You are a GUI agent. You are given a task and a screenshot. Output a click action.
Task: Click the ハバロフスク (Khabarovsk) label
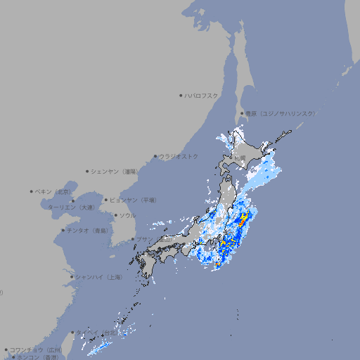pyautogui.click(x=201, y=95)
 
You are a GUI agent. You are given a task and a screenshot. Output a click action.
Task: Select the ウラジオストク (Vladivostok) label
pyautogui.click(x=179, y=156)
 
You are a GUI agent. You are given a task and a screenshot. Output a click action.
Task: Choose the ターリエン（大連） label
pyautogui.click(x=71, y=207)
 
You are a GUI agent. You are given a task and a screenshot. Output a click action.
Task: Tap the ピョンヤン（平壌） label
pyautogui.click(x=133, y=200)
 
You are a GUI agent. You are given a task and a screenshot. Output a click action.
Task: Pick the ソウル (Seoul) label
pyautogui.click(x=127, y=215)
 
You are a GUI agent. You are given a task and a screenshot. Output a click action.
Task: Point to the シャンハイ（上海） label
pyautogui.click(x=98, y=277)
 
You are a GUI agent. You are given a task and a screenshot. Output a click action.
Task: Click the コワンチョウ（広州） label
pyautogui.click(x=36, y=349)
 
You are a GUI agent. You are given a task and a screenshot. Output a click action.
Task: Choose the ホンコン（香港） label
pyautogui.click(x=37, y=357)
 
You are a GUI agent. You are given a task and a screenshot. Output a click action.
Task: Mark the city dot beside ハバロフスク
pyautogui.click(x=181, y=95)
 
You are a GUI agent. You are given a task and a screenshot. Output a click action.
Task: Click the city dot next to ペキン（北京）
pyautogui.click(x=32, y=191)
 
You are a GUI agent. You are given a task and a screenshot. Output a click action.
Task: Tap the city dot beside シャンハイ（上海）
pyautogui.click(x=72, y=277)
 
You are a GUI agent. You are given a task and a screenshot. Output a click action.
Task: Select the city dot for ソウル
pyautogui.click(x=115, y=215)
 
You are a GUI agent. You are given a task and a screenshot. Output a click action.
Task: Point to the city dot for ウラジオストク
pyautogui.click(x=155, y=156)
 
